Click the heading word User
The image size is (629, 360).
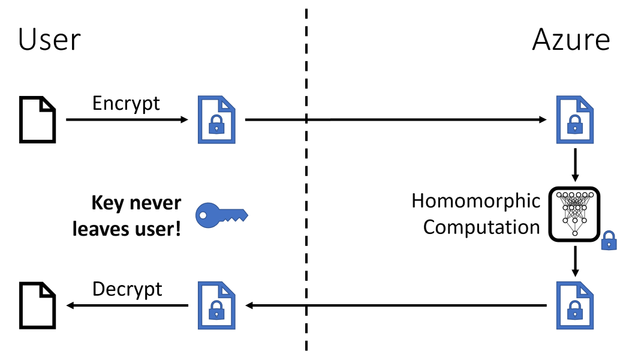pos(49,40)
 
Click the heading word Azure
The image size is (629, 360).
pos(570,40)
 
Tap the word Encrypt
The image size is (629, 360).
pos(126,103)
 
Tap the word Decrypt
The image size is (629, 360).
pos(127,289)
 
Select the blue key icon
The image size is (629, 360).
pos(221,214)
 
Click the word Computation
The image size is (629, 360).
pos(481,228)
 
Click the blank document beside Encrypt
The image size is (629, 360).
pos(38,120)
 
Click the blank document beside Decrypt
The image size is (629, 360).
pos(38,305)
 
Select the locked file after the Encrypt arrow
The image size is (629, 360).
pos(216,120)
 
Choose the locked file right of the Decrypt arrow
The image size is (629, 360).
pos(216,305)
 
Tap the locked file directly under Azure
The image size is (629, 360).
pos(575,120)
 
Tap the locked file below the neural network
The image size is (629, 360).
pos(575,305)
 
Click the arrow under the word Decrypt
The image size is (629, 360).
pos(127,306)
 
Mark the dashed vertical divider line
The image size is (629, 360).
pos(306,180)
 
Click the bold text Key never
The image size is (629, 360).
pos(136,203)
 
